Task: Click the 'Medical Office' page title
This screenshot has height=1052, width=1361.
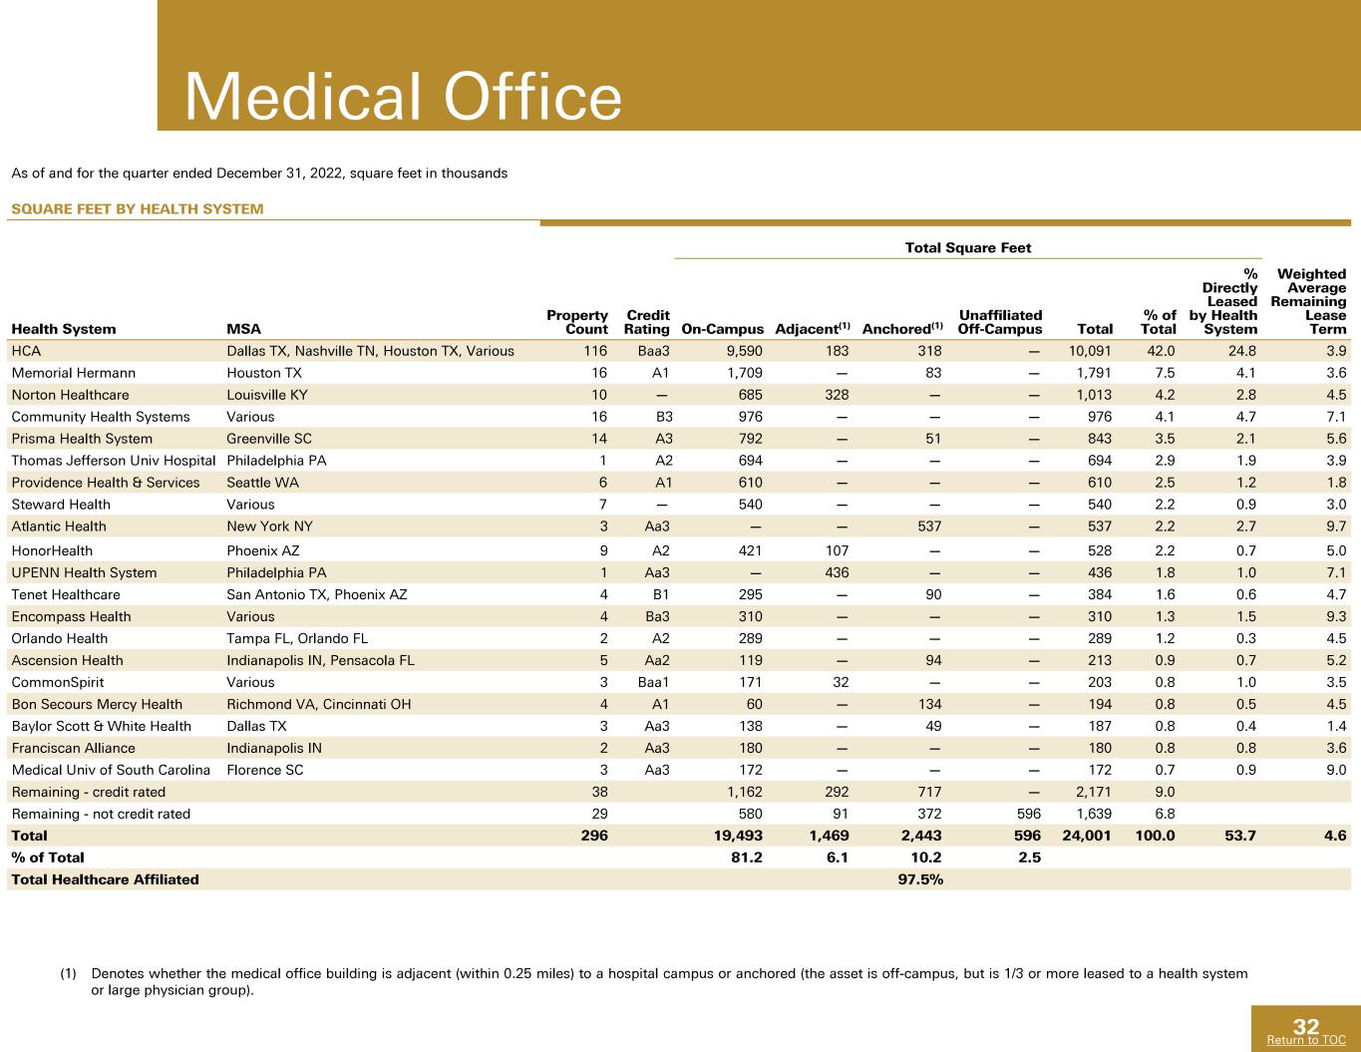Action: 403,97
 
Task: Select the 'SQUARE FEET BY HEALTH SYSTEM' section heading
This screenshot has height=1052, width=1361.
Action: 138,209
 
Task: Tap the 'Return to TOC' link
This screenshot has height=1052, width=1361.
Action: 1306,1040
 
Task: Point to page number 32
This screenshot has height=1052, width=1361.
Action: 1306,1026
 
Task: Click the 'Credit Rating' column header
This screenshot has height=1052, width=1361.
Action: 647,322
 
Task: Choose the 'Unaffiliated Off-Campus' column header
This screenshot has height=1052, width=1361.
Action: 1000,322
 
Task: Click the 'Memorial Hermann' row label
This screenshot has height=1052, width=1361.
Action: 73,373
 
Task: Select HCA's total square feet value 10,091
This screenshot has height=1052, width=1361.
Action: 1090,351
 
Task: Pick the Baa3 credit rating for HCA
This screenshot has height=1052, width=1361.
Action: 653,351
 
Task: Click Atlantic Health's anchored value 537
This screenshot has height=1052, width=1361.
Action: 929,526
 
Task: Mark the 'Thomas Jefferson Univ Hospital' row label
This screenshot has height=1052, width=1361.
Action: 114,461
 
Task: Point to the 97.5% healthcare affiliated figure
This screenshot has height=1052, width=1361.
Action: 920,879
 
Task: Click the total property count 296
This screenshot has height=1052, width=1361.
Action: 594,836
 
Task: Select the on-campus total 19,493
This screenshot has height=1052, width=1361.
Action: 738,836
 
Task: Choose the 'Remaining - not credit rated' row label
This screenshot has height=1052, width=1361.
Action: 101,814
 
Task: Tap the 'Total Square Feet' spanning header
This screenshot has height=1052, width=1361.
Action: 968,248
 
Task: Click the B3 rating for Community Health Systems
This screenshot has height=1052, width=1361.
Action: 664,417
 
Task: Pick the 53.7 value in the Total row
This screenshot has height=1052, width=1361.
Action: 1240,836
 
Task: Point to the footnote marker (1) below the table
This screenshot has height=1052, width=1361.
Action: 68,974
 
